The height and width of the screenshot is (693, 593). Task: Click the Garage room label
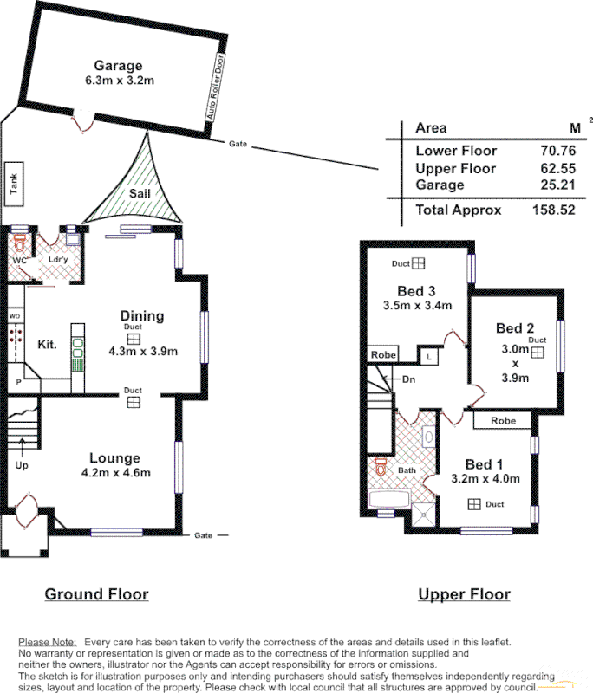(x=118, y=65)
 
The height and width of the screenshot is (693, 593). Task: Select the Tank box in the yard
(x=13, y=184)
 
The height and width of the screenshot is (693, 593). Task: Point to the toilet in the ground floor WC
(x=21, y=242)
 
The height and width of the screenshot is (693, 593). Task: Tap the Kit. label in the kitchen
(x=47, y=344)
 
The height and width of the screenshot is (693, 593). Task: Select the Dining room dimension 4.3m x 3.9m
(x=142, y=351)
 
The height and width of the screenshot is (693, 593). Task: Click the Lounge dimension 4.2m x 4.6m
(x=115, y=472)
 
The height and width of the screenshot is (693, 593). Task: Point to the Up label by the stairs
(x=22, y=464)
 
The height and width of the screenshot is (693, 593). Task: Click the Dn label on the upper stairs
(x=408, y=379)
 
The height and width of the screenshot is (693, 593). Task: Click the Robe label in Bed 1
(x=503, y=421)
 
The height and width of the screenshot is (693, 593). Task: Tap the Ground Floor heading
(x=96, y=594)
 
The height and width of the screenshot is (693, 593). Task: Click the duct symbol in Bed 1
(x=474, y=504)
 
